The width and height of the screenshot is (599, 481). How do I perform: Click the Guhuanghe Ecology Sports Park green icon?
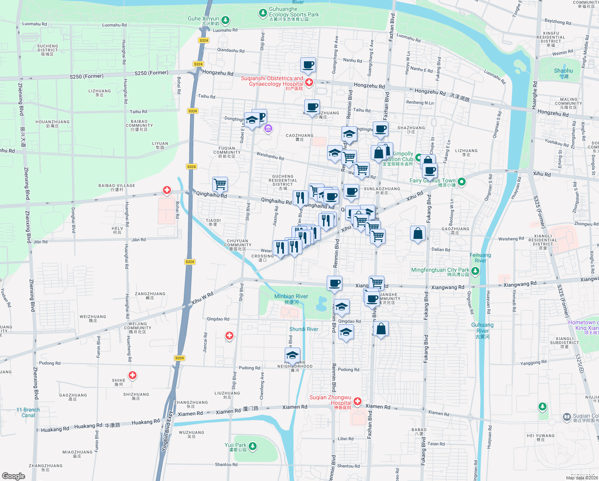pyautogui.click(x=263, y=14)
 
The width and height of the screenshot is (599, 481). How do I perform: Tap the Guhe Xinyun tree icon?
pyautogui.click(x=225, y=20)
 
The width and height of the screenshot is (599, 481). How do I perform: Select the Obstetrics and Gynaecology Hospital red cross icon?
pyautogui.click(x=309, y=82)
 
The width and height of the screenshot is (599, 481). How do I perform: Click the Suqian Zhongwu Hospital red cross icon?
pyautogui.click(x=358, y=401)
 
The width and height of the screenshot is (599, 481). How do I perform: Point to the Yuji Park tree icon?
pyautogui.click(x=252, y=446)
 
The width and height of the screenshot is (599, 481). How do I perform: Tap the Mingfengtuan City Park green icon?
pyautogui.click(x=475, y=271)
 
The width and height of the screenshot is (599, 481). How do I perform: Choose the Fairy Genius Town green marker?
pyautogui.click(x=461, y=182)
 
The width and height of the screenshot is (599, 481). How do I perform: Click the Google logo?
pyautogui.click(x=13, y=476)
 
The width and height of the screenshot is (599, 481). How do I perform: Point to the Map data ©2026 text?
pyautogui.click(x=582, y=478)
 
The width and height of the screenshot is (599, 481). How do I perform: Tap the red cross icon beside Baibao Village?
pyautogui.click(x=167, y=190)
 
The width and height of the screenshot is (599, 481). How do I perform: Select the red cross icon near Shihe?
pyautogui.click(x=133, y=376)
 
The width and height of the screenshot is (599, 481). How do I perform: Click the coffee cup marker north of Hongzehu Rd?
pyautogui.click(x=308, y=65)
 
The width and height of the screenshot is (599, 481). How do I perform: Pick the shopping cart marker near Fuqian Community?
pyautogui.click(x=220, y=184)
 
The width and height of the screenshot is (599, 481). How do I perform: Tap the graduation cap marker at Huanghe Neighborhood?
pyautogui.click(x=293, y=355)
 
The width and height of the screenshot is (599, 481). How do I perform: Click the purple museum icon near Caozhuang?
pyautogui.click(x=268, y=129)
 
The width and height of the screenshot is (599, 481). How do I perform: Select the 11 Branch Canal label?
pyautogui.click(x=28, y=412)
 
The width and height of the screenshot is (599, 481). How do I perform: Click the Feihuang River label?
pyautogui.click(x=480, y=258)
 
